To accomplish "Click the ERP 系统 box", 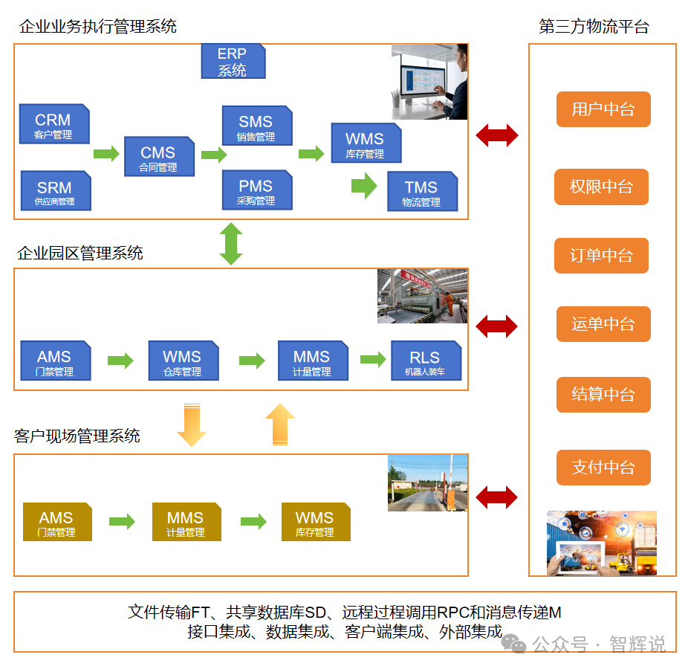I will tap(233, 62).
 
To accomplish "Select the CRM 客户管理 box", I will tap(53, 124).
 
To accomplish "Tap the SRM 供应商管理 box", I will tap(55, 192).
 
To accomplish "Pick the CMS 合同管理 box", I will tap(158, 157).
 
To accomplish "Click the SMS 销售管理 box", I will tap(256, 126).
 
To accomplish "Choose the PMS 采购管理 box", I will tap(256, 191).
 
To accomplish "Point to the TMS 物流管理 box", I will tap(421, 192).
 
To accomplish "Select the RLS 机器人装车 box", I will tap(425, 361).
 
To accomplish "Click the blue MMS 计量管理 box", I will tap(312, 361).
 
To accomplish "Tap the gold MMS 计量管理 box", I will tap(186, 522).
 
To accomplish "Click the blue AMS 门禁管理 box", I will tap(55, 361).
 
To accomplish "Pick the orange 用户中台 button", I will tap(603, 110).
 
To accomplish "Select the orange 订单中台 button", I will tap(601, 256).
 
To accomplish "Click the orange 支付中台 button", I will tap(603, 468).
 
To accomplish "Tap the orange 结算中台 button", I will tap(603, 395).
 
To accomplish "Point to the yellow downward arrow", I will tap(192, 424).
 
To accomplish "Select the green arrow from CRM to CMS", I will tap(106, 154).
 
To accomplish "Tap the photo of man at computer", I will tap(429, 82).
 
